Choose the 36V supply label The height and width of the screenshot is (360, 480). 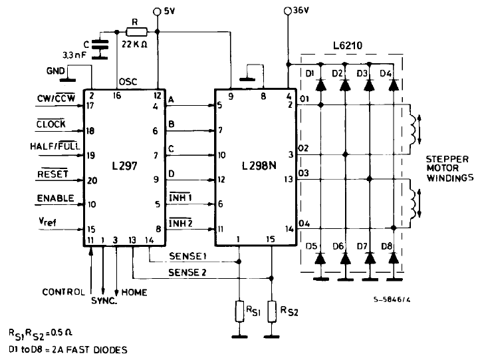point(299,11)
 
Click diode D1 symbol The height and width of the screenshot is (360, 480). point(320,85)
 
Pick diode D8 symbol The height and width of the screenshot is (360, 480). point(393,256)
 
